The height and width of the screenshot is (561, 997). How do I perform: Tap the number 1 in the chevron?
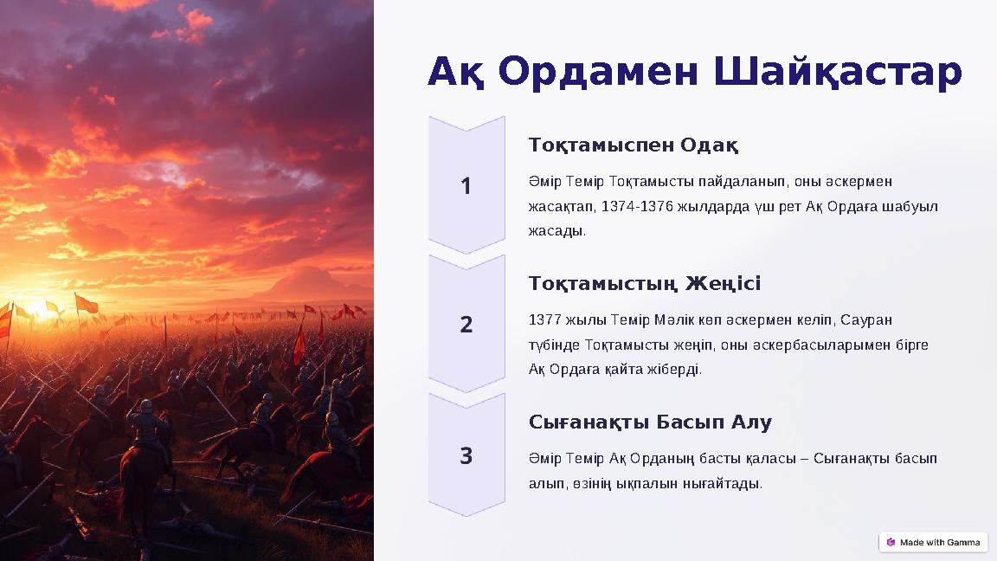[466, 186]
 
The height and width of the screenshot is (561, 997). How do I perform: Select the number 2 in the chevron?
[466, 325]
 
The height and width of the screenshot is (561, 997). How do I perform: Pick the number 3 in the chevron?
[466, 455]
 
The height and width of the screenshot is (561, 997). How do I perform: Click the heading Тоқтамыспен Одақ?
[633, 144]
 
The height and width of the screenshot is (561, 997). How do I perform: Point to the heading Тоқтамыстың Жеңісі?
[644, 283]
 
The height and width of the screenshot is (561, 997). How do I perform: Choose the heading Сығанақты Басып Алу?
[649, 422]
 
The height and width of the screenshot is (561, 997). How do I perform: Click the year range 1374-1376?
[635, 207]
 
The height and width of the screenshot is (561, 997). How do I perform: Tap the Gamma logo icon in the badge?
[891, 542]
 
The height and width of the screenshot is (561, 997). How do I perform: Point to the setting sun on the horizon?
[40, 308]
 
